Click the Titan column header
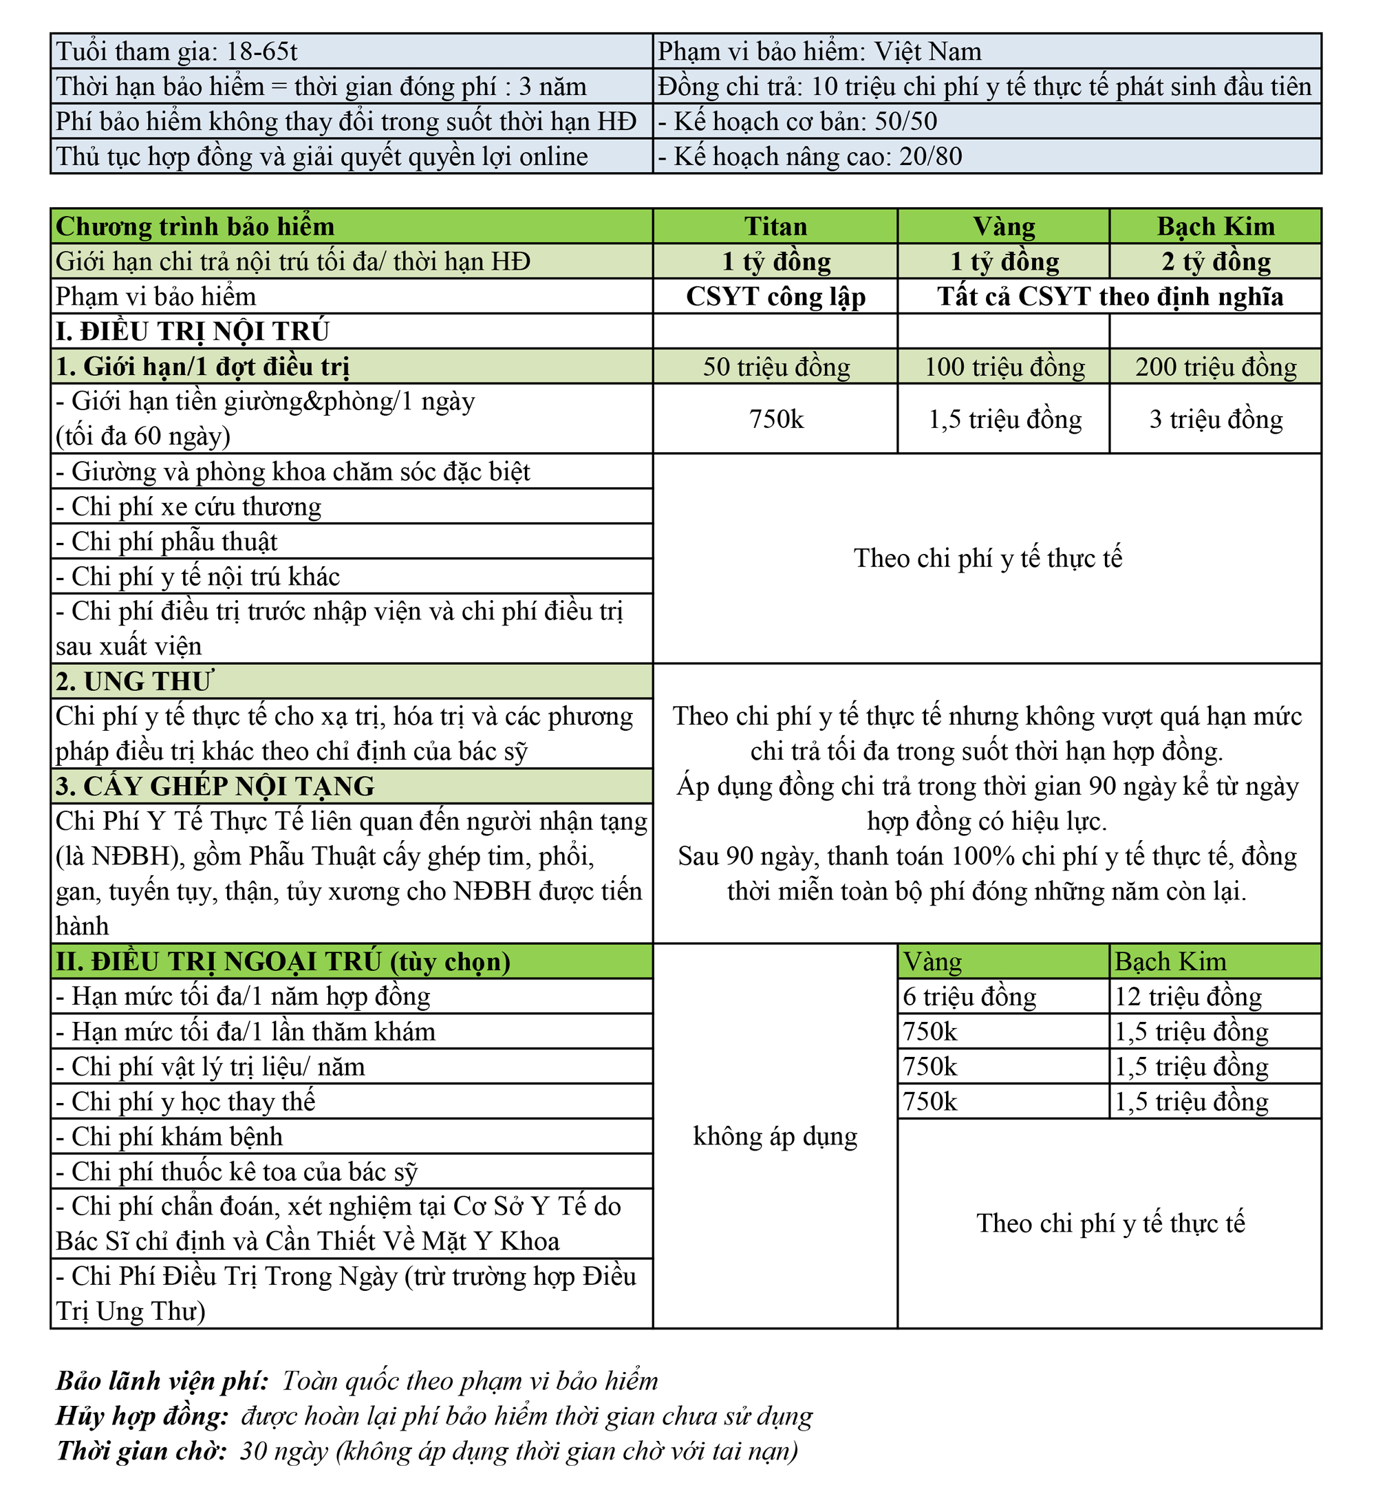pos(775,226)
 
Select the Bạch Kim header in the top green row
pos(1215,226)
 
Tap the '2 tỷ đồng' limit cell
pos(1215,261)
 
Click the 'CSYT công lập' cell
pos(775,297)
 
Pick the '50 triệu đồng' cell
pos(776,366)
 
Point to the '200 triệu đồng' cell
pos(1215,366)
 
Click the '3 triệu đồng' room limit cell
pos(1215,418)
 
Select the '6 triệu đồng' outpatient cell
pos(969,996)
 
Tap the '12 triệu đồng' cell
pos(1187,996)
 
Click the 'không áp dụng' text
pos(775,1136)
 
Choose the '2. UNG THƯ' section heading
pos(134,681)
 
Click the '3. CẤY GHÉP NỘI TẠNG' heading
pos(215,787)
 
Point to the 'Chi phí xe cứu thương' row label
pos(189,506)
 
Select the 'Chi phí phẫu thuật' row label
pos(166,542)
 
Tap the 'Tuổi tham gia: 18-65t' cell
pos(178,52)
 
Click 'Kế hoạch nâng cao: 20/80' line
pos(810,156)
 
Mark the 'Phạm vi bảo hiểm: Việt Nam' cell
pos(819,52)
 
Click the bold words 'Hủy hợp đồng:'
pos(142,1415)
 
